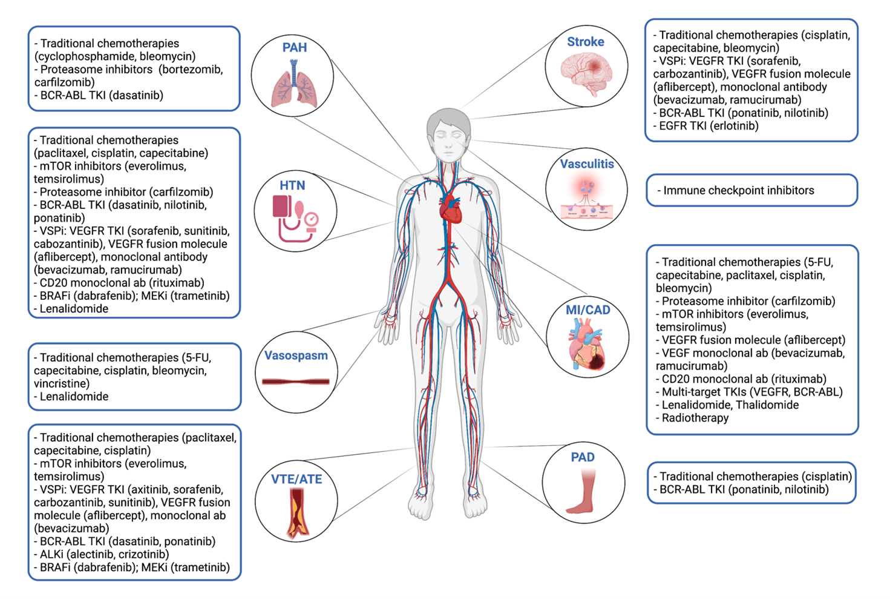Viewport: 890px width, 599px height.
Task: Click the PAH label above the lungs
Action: [294, 48]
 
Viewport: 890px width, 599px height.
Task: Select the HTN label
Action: [292, 186]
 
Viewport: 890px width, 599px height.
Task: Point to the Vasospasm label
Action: [296, 356]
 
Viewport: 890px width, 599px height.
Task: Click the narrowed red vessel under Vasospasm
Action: [296, 382]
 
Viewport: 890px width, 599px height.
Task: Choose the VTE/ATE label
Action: [296, 479]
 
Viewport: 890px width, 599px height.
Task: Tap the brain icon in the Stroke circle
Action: [586, 73]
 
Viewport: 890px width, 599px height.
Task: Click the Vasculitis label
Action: [586, 164]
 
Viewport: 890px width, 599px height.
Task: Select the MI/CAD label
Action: [587, 310]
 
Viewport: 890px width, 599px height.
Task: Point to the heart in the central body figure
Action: [450, 209]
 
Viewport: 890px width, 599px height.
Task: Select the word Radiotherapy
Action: [695, 418]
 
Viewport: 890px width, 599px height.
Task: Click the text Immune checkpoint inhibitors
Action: [739, 191]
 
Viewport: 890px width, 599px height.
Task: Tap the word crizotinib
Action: [143, 554]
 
